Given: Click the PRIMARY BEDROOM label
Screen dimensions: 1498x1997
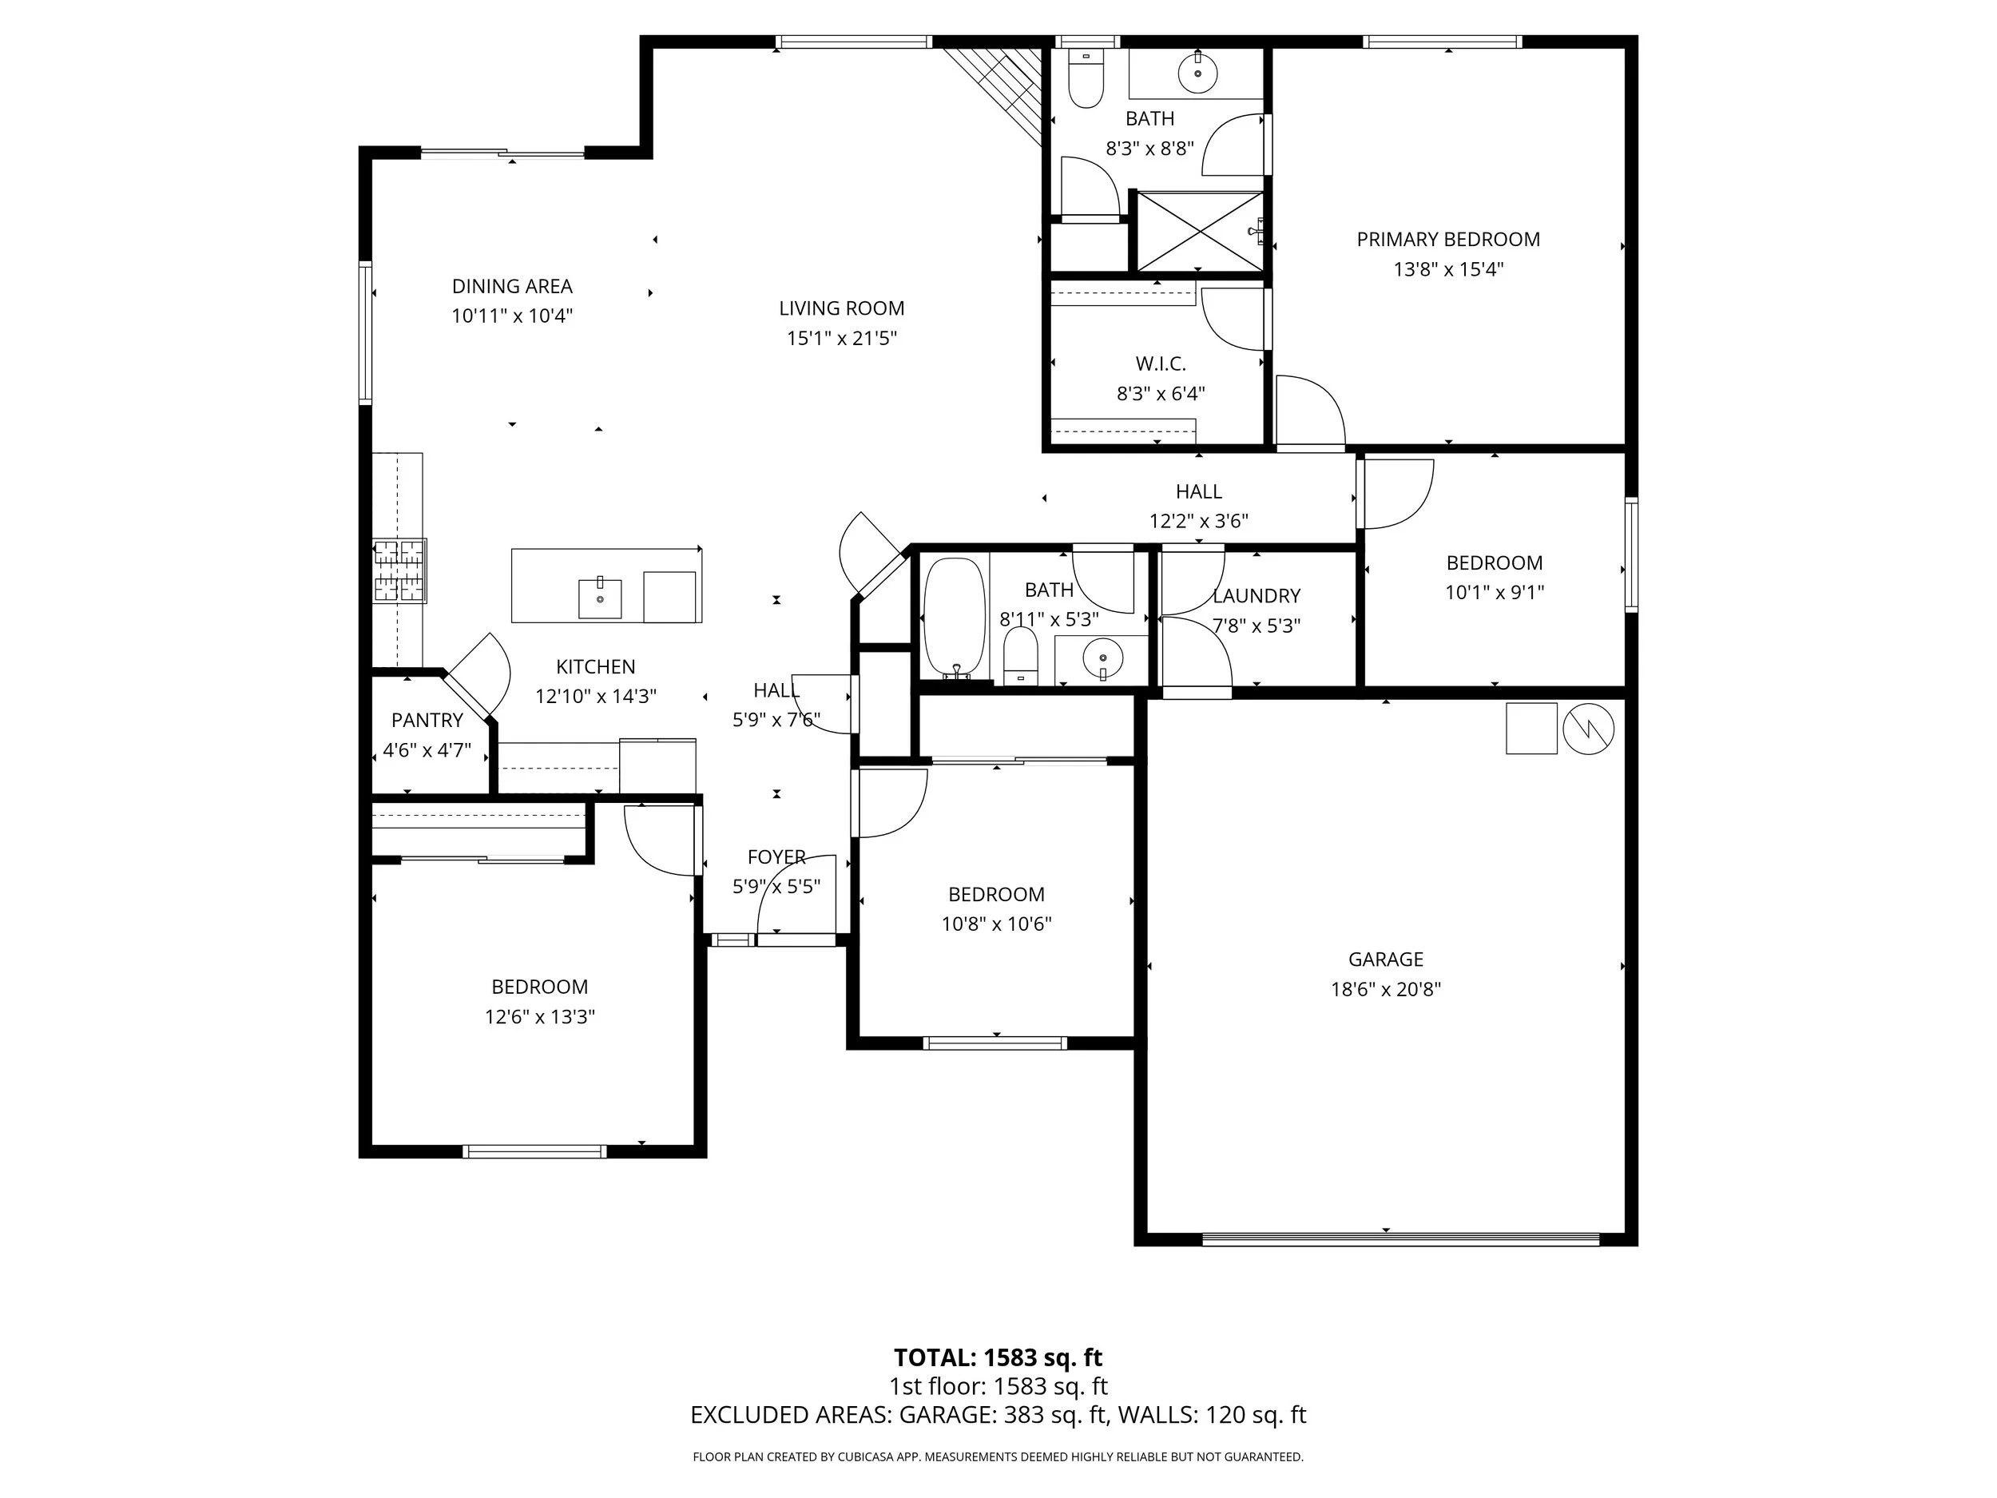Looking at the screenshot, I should coord(1447,240).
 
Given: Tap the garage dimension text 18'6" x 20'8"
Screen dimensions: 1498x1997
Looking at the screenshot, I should coord(1385,989).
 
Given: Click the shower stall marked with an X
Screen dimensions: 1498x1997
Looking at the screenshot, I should coord(1198,230).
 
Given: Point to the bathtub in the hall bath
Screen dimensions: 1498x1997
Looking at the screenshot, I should coord(955,618).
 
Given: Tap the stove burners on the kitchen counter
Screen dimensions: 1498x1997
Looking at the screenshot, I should coord(400,570).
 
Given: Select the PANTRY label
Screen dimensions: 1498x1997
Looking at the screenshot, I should coord(427,721).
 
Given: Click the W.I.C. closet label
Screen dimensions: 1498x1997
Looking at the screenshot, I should coord(1160,364).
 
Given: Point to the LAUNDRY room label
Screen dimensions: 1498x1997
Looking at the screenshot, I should coord(1256,596).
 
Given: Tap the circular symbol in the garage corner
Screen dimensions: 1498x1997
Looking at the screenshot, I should coord(1588,729).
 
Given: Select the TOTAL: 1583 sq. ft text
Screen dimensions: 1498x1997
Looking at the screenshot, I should coord(998,1357).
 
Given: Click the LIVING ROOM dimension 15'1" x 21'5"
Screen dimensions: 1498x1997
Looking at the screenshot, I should coord(841,339).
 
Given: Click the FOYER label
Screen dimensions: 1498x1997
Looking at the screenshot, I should coord(776,857).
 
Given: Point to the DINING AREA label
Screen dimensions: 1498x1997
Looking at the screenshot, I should coord(512,286).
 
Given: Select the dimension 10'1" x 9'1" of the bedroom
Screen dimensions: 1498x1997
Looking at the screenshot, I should coord(1494,592).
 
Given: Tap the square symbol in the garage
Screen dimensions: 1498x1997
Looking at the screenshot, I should coord(1531,728).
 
